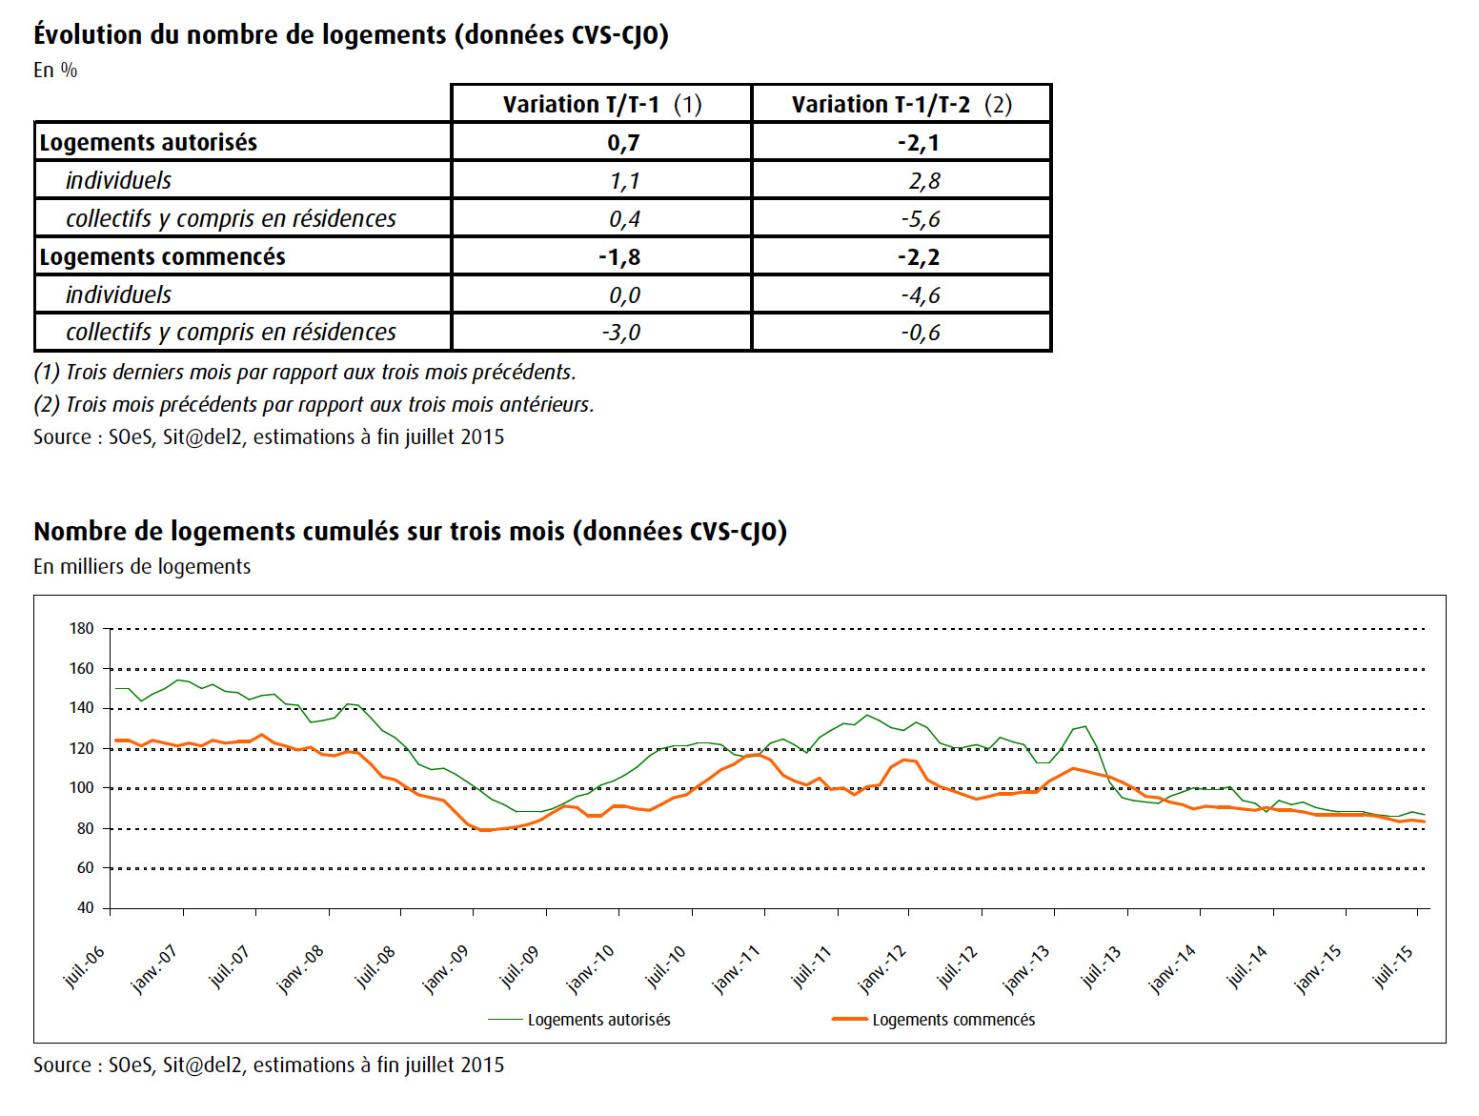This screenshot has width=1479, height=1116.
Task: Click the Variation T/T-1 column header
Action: [601, 105]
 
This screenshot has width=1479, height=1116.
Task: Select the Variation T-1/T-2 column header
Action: [902, 105]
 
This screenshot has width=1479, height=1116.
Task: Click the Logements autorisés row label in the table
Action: [149, 142]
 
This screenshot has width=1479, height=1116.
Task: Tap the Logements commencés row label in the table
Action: [162, 256]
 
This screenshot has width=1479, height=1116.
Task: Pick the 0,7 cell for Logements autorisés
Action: [623, 143]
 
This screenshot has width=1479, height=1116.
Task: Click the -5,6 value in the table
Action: [921, 219]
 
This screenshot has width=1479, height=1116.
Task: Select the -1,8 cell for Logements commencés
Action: [619, 256]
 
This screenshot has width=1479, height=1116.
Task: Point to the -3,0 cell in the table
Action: [620, 333]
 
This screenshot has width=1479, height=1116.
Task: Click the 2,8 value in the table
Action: [924, 181]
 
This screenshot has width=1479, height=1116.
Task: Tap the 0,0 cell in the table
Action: [624, 295]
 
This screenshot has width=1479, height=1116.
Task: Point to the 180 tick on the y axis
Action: [82, 629]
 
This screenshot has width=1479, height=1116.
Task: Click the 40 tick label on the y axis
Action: [86, 907]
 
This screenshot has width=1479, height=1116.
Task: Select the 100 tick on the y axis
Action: [82, 788]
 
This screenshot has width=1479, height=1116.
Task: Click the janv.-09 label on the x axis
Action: [445, 968]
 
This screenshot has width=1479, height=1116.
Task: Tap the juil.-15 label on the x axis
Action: [1394, 966]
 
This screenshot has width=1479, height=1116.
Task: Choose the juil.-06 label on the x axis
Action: [84, 966]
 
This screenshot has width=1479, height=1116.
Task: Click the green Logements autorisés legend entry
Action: [578, 1020]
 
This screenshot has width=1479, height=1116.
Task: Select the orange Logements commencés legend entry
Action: [933, 1020]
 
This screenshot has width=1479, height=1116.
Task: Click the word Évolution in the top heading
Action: [88, 33]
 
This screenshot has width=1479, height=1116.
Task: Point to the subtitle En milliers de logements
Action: [142, 567]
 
